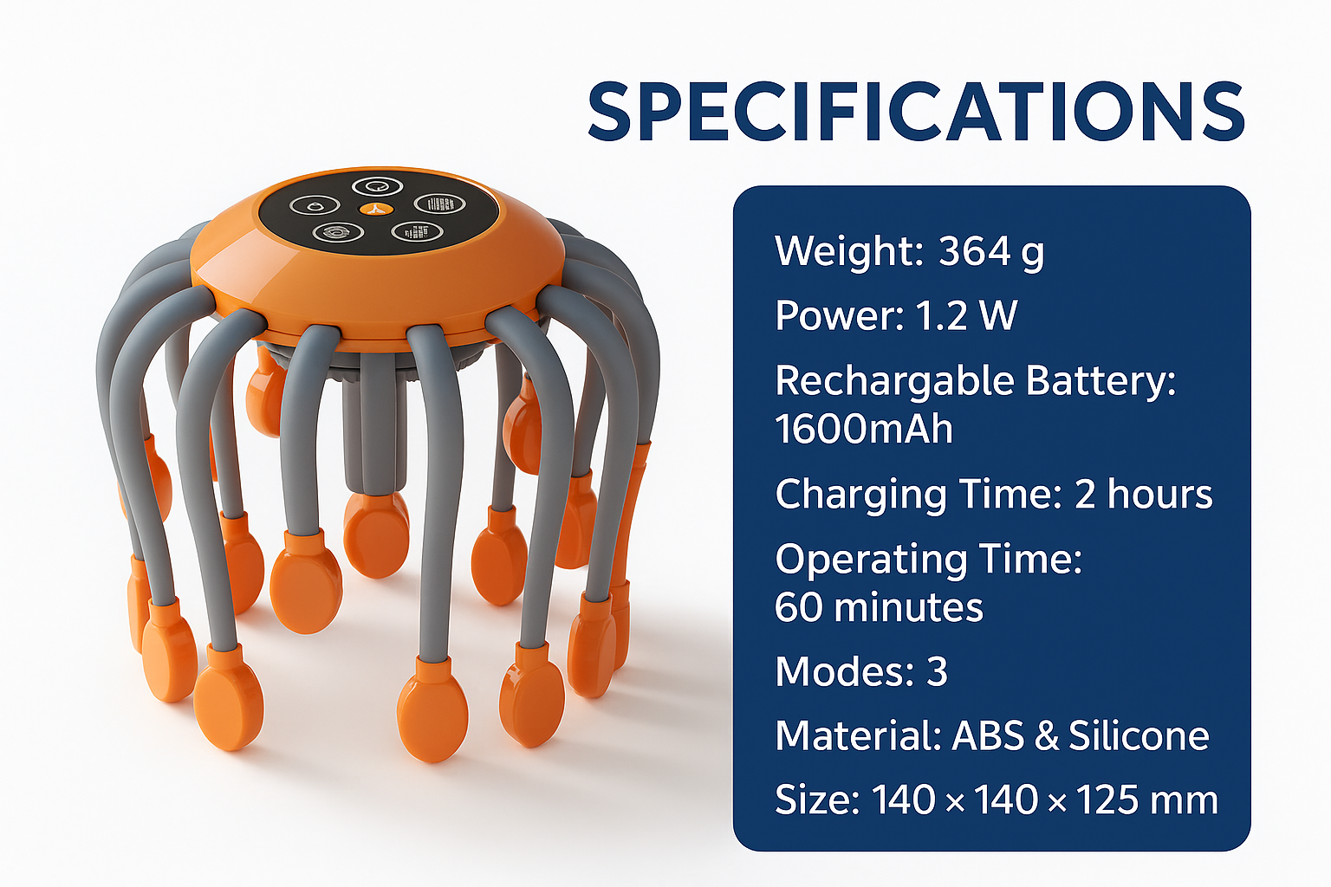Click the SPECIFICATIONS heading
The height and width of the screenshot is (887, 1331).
pos(916,113)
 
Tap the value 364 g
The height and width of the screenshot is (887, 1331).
pos(990,252)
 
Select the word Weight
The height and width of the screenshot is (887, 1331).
pos(849,252)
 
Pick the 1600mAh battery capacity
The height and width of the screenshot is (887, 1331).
pos(864,429)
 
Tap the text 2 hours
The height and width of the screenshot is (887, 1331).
pos(1143,494)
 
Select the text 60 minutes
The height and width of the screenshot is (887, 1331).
pos(879,606)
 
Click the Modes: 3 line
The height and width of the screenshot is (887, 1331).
pos(861,672)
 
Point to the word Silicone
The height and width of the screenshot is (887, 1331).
pos(1139,735)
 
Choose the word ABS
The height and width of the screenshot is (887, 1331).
pos(988,735)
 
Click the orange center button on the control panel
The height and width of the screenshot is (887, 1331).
pos(376,209)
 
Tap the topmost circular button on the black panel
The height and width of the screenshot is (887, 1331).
pos(377,186)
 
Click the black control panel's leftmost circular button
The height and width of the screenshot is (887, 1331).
pos(315,205)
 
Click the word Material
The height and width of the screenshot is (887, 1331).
pos(858,735)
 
